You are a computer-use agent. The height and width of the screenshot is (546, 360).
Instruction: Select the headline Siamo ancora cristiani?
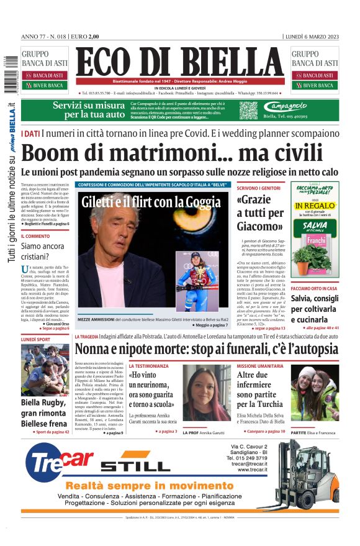coord(44,251)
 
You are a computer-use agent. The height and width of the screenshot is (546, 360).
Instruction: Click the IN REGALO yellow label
coord(315,205)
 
